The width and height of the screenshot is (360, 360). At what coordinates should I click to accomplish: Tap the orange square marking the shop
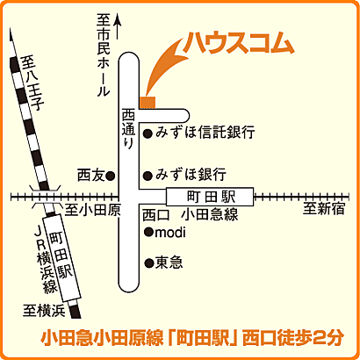coord(148,103)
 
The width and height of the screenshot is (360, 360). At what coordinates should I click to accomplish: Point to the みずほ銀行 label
coord(191,173)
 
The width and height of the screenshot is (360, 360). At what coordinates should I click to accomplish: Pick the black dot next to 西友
coord(111,175)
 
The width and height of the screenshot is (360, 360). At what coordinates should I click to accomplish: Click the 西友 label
coord(90,175)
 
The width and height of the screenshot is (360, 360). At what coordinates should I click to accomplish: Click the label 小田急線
coord(209,215)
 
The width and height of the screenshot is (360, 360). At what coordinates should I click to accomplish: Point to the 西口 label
coord(155,215)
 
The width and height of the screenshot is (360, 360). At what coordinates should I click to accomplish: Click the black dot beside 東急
coord(147,262)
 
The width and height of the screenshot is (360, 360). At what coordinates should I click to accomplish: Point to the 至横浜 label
coord(45,308)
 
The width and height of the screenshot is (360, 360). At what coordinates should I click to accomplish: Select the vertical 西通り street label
coord(126,127)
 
